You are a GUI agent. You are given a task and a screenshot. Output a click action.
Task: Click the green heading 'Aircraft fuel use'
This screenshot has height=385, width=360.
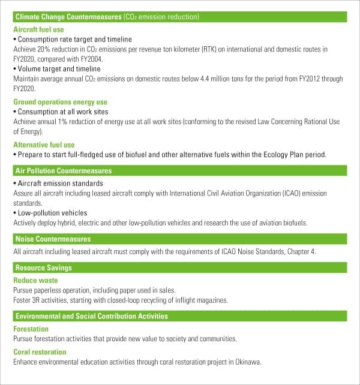click(38, 29)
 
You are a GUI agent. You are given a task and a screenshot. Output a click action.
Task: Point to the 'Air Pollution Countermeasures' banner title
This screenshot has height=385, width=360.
click(63, 171)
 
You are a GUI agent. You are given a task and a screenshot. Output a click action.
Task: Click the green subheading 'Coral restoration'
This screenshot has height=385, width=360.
click(40, 352)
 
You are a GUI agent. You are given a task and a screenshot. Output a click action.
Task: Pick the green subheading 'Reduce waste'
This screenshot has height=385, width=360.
click(35, 280)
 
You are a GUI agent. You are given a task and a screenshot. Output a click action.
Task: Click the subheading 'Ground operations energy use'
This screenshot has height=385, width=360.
click(60, 102)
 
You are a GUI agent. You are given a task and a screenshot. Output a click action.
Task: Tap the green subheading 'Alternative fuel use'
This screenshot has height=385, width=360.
click(44, 145)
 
